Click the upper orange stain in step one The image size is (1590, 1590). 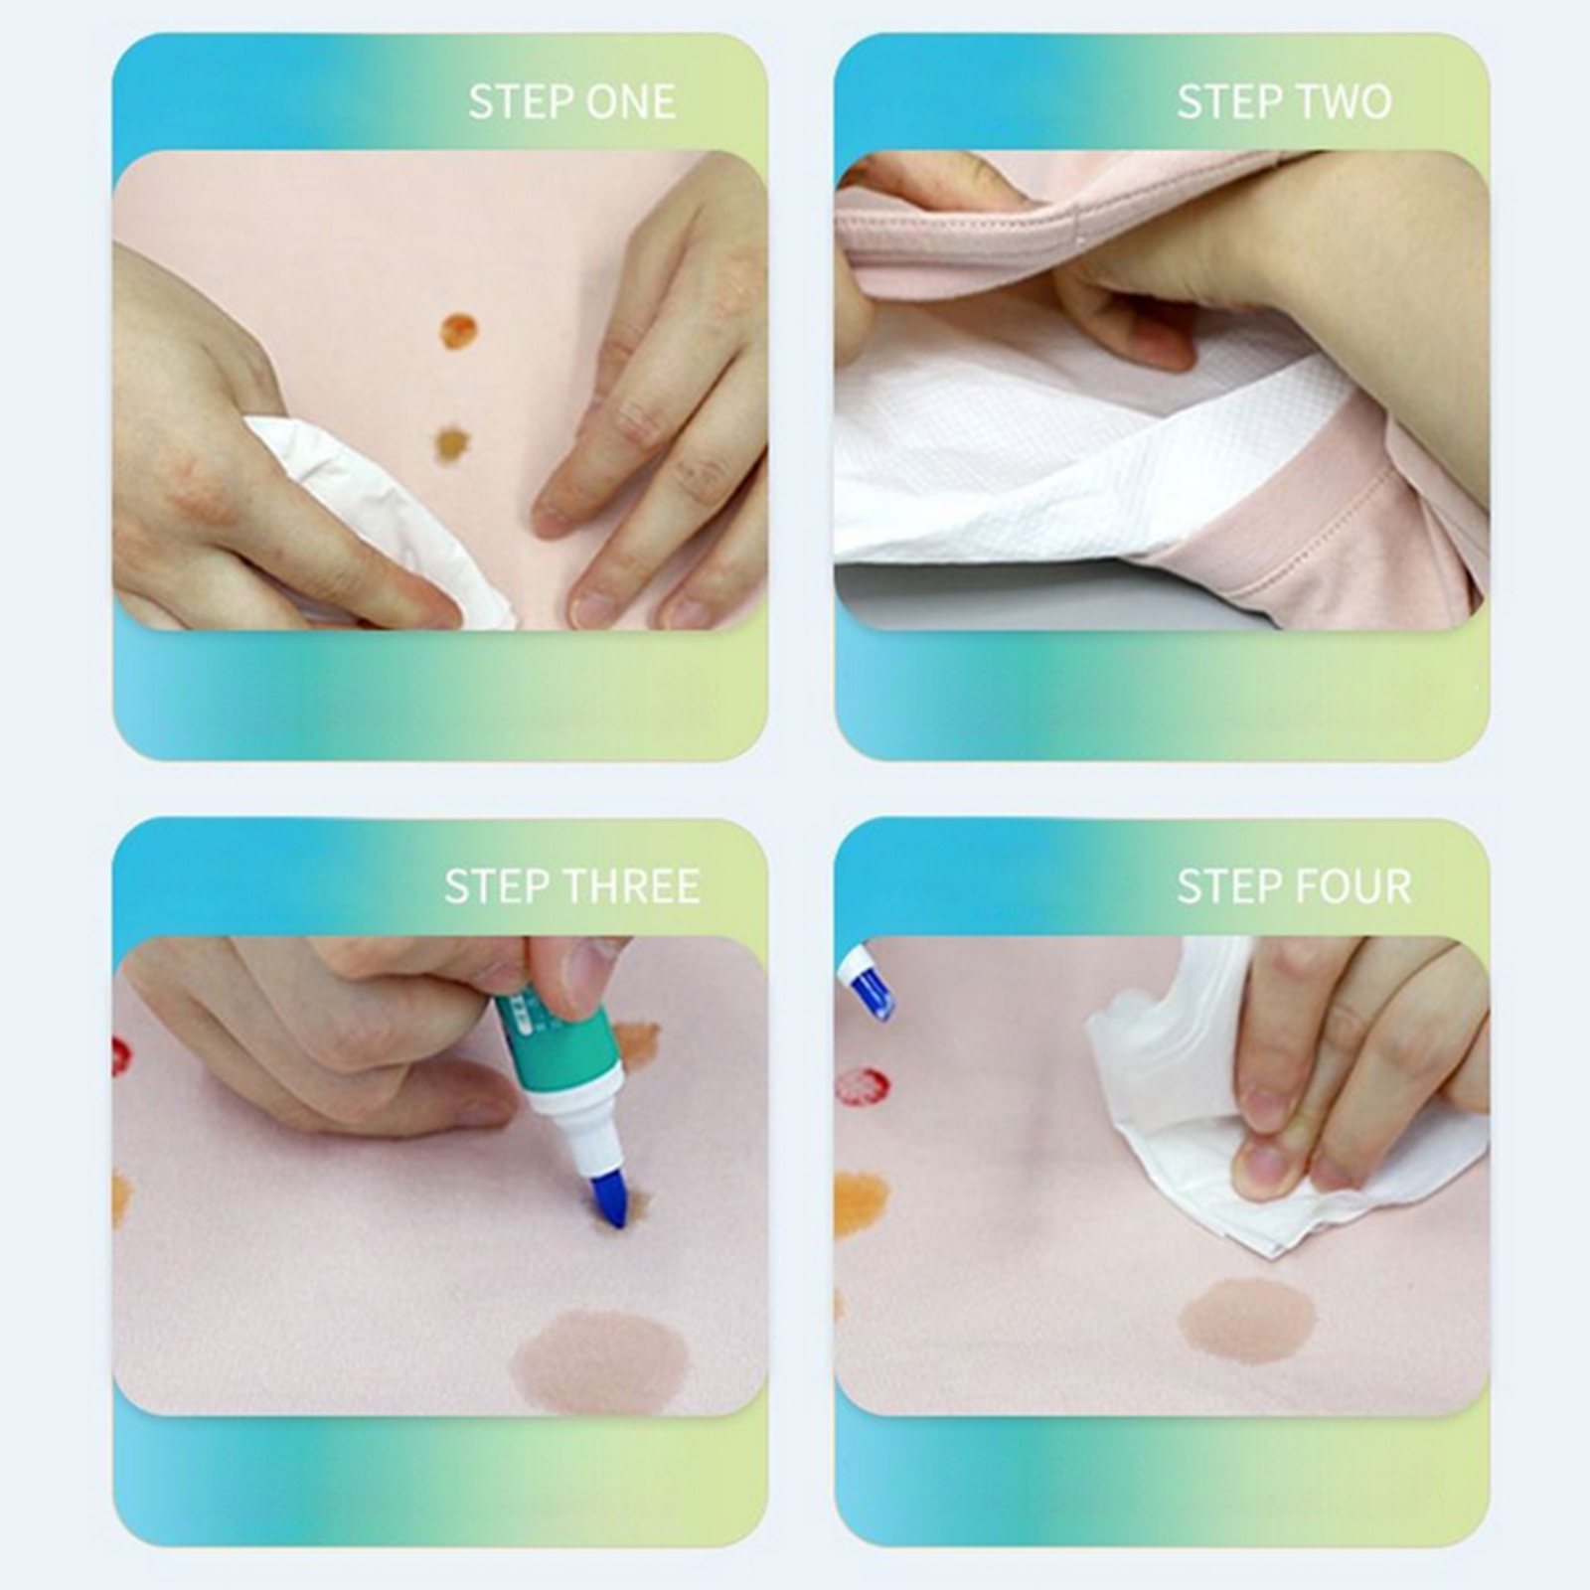click(x=457, y=331)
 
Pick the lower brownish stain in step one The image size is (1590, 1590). click(x=451, y=443)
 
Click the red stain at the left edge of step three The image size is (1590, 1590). click(x=121, y=1057)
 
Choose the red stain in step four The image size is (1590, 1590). click(x=863, y=1086)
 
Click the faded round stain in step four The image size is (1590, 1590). click(x=1247, y=1319)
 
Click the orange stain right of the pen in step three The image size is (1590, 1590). click(x=637, y=1041)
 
